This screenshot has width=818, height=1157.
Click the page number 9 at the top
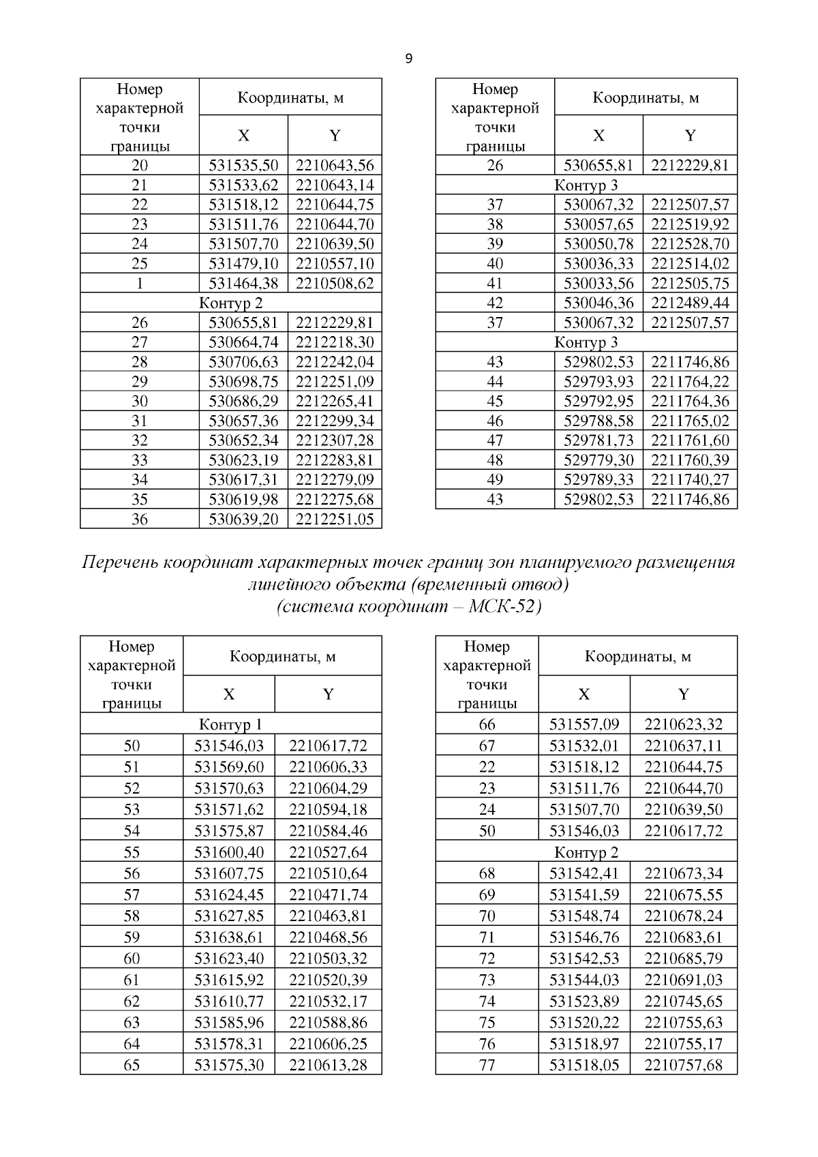click(408, 59)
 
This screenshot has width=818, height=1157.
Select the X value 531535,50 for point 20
click(243, 165)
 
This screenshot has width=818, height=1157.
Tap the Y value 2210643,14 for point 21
click(335, 185)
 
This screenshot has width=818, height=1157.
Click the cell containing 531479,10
click(243, 263)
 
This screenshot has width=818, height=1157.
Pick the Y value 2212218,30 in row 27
click(335, 342)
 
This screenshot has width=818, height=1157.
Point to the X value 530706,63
click(243, 361)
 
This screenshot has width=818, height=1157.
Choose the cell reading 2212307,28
click(335, 440)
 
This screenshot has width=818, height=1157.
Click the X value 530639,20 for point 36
click(243, 519)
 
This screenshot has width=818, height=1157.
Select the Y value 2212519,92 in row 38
click(690, 224)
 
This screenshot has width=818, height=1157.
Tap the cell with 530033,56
click(599, 283)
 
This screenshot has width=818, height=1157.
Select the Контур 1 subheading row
click(230, 723)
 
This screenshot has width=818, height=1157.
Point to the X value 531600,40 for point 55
click(229, 852)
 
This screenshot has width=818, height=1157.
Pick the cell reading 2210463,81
click(328, 915)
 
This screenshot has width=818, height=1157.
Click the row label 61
click(132, 979)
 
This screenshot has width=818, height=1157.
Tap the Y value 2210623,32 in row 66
click(683, 724)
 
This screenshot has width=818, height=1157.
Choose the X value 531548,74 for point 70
click(584, 915)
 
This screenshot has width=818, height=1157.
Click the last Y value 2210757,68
click(683, 1064)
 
